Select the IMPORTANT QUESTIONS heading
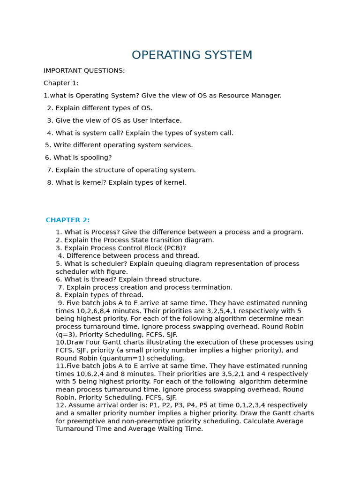pos(84,71)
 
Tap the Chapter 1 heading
pos(61,83)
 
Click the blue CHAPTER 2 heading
pos(67,220)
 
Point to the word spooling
pos(96,157)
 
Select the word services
pos(177,145)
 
